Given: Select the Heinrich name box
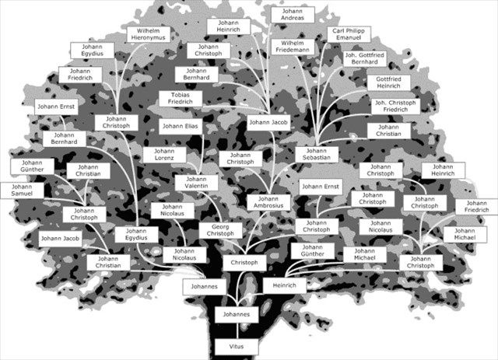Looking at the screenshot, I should coord(279,285).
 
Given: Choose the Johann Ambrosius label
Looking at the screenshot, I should coord(269,202).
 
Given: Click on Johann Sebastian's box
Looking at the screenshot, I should coord(317,154).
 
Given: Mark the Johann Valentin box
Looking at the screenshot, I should coord(196,183).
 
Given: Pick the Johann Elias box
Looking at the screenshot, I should coord(181,126).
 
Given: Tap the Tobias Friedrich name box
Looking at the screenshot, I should coord(180,99).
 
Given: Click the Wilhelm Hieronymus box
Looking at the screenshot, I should coord(148,34).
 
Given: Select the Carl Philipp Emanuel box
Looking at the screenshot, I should coord(350,35).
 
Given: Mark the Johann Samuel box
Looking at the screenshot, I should coord(16,191).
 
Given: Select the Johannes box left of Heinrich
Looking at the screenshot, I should coord(205,287).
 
